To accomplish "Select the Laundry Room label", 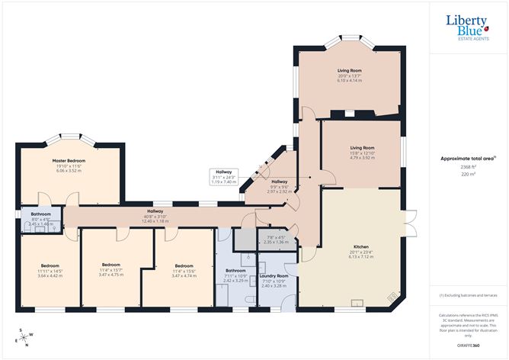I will coord(273,275).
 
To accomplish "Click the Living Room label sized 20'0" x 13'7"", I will coord(349,71).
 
